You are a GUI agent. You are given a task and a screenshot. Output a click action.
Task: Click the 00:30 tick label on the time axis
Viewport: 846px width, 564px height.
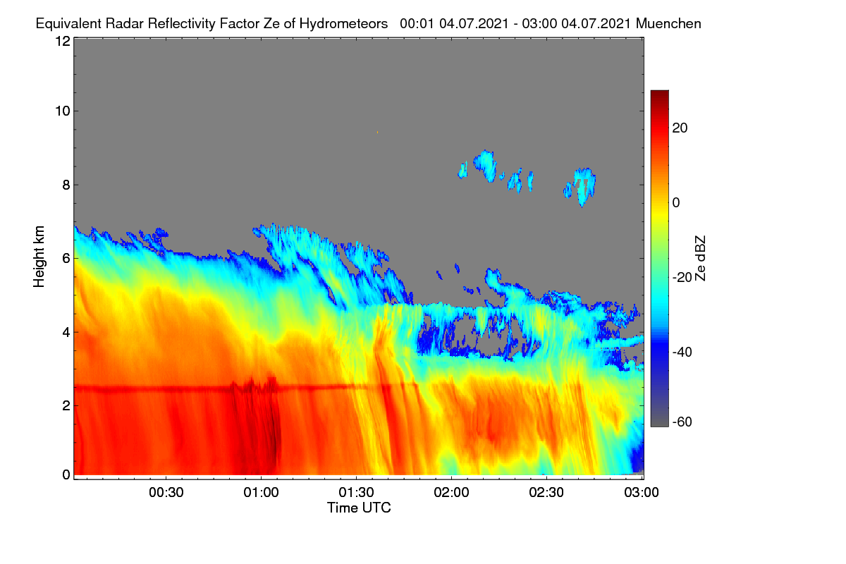click(166, 493)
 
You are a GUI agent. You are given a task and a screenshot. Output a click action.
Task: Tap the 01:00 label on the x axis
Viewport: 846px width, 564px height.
click(261, 493)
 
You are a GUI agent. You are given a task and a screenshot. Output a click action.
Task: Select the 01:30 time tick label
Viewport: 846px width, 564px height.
click(356, 493)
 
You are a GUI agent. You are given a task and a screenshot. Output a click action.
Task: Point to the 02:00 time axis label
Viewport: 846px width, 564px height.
click(451, 493)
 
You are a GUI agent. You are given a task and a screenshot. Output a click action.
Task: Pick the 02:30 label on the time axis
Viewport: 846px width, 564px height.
click(546, 493)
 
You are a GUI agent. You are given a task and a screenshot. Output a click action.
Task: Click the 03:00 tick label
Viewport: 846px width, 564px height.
click(642, 493)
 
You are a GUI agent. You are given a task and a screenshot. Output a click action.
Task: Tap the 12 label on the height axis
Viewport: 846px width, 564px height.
click(63, 41)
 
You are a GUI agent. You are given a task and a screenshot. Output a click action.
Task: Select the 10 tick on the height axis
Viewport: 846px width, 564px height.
click(63, 111)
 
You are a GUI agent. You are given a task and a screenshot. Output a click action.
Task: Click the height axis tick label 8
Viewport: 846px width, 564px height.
click(66, 185)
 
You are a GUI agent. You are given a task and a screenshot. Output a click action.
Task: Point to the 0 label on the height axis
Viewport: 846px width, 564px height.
click(66, 474)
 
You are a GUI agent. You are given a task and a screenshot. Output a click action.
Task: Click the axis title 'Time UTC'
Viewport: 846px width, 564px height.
click(359, 508)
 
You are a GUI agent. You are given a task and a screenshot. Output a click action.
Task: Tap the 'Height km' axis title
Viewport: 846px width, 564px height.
click(39, 257)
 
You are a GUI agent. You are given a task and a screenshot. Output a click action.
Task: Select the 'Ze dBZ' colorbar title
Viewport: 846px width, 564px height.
click(700, 259)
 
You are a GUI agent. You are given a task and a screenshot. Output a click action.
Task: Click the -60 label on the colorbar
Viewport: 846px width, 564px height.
click(682, 422)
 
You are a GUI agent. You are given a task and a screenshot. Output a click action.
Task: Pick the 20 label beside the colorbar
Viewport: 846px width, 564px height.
click(680, 128)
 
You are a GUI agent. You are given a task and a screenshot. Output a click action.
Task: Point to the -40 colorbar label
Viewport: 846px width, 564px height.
click(682, 352)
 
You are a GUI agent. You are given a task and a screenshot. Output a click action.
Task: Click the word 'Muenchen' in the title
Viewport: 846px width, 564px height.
click(668, 24)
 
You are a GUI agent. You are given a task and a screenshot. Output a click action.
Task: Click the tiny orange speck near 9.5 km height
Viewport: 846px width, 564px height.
click(377, 133)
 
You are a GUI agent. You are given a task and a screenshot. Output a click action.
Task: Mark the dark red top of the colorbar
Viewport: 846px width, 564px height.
click(659, 94)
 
